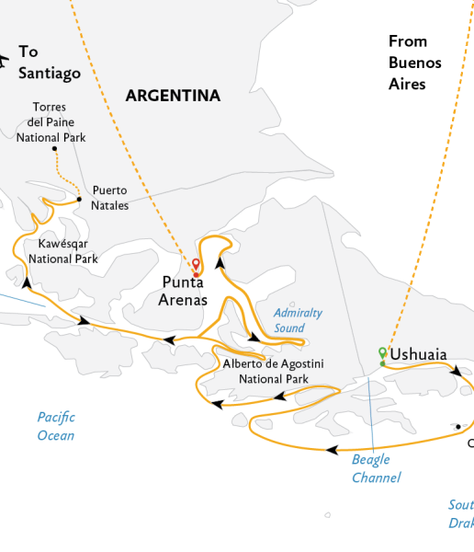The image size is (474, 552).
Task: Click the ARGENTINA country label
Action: click(173, 96)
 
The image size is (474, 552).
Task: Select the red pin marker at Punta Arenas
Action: click(196, 266)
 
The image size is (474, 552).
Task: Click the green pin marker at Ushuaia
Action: click(382, 352)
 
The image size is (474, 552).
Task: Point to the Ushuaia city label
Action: click(418, 354)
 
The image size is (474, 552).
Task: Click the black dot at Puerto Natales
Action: click(79, 199)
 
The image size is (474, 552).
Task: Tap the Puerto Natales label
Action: click(109, 198)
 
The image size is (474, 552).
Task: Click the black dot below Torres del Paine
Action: click(54, 148)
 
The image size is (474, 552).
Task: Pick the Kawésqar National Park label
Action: click(63, 251)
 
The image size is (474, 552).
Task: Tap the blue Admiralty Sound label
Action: click(299, 320)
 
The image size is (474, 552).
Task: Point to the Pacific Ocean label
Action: click(56, 426)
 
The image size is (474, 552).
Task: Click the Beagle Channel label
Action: click(376, 468)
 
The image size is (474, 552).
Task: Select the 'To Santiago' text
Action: click(50, 63)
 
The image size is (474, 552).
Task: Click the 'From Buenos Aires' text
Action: click(414, 63)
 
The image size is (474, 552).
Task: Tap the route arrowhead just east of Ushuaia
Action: click(457, 372)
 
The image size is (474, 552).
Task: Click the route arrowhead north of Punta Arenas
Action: click(220, 263)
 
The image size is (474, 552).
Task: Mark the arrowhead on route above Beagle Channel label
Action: click(326, 449)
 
